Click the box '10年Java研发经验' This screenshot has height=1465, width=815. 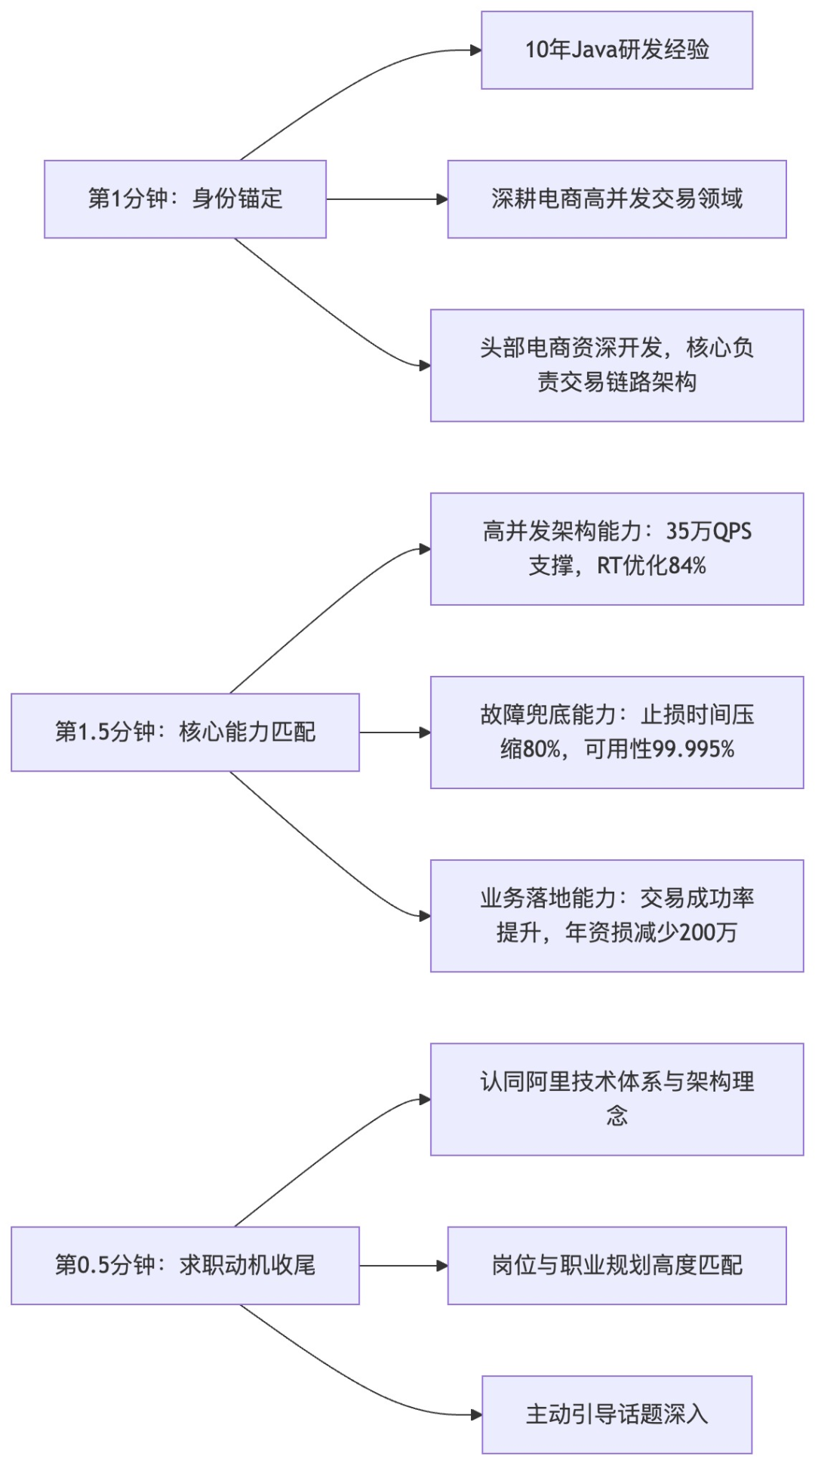617,50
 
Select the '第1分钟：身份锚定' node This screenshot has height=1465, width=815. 185,199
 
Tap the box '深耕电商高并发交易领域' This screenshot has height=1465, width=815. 617,199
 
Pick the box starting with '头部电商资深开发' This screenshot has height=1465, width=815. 617,365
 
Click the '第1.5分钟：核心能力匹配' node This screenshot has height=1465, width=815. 185,732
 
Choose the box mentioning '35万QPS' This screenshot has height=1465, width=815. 617,548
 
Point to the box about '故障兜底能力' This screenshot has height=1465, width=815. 617,732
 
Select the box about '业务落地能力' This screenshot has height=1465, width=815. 617,915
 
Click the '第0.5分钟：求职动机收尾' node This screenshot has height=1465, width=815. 185,1265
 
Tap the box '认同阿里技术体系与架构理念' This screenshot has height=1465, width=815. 617,1098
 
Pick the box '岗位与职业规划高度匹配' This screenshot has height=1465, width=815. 617,1265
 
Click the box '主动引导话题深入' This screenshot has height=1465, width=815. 617,1414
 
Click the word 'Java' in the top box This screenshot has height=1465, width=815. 594,50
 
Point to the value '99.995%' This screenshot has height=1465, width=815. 694,749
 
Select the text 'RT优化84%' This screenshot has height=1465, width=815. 651,566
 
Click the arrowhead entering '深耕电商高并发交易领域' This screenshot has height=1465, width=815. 442,199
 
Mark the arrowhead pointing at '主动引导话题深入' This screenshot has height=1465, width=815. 476,1414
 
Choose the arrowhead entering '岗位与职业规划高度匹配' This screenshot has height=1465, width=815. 442,1265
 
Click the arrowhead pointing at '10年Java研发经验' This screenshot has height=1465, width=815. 476,51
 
